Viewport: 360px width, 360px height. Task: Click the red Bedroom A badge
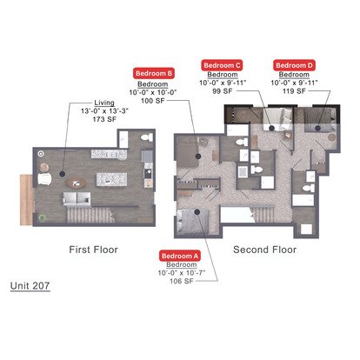(x=179, y=256)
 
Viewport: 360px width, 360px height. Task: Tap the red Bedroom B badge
(x=154, y=73)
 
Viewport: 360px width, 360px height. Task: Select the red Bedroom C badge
(x=222, y=65)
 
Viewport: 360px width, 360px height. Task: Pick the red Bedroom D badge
(x=294, y=65)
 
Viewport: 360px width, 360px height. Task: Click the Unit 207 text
(x=30, y=285)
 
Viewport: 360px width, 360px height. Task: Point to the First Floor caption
(x=93, y=250)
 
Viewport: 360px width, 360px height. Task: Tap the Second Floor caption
(x=265, y=250)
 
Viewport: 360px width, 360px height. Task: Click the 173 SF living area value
(x=104, y=119)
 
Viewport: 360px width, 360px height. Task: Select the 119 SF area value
(x=294, y=91)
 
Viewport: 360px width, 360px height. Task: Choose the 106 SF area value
(x=182, y=281)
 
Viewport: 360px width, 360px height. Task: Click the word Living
(x=104, y=103)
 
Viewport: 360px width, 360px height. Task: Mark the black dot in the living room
(x=62, y=174)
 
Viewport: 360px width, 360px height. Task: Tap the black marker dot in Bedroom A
(x=197, y=212)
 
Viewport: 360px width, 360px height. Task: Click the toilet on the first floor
(x=147, y=137)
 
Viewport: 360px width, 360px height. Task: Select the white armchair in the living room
(x=44, y=179)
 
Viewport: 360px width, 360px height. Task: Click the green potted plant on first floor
(x=43, y=217)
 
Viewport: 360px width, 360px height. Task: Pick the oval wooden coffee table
(x=77, y=183)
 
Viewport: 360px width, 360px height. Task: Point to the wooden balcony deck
(x=26, y=200)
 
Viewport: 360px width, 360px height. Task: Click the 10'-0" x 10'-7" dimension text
(x=182, y=273)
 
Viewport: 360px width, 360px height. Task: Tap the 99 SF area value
(x=223, y=91)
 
